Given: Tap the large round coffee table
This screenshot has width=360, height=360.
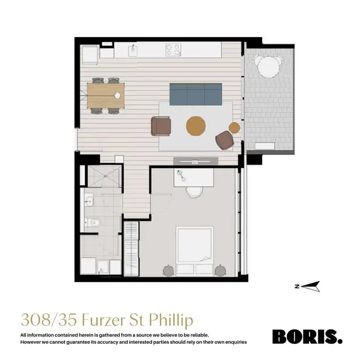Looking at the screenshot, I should [x=196, y=126].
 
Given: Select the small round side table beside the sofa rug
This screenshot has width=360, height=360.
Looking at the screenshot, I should [x=234, y=128].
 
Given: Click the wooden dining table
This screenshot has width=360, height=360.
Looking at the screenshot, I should [x=106, y=94].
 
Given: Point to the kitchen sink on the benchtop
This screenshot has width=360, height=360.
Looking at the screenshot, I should [x=133, y=49].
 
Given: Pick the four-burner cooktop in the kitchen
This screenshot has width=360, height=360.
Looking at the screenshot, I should [x=173, y=49].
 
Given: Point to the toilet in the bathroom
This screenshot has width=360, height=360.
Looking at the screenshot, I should [x=90, y=222].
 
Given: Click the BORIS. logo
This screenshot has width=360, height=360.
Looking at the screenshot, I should [x=307, y=336].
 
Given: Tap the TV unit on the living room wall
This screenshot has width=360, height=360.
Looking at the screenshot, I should [x=195, y=161].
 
